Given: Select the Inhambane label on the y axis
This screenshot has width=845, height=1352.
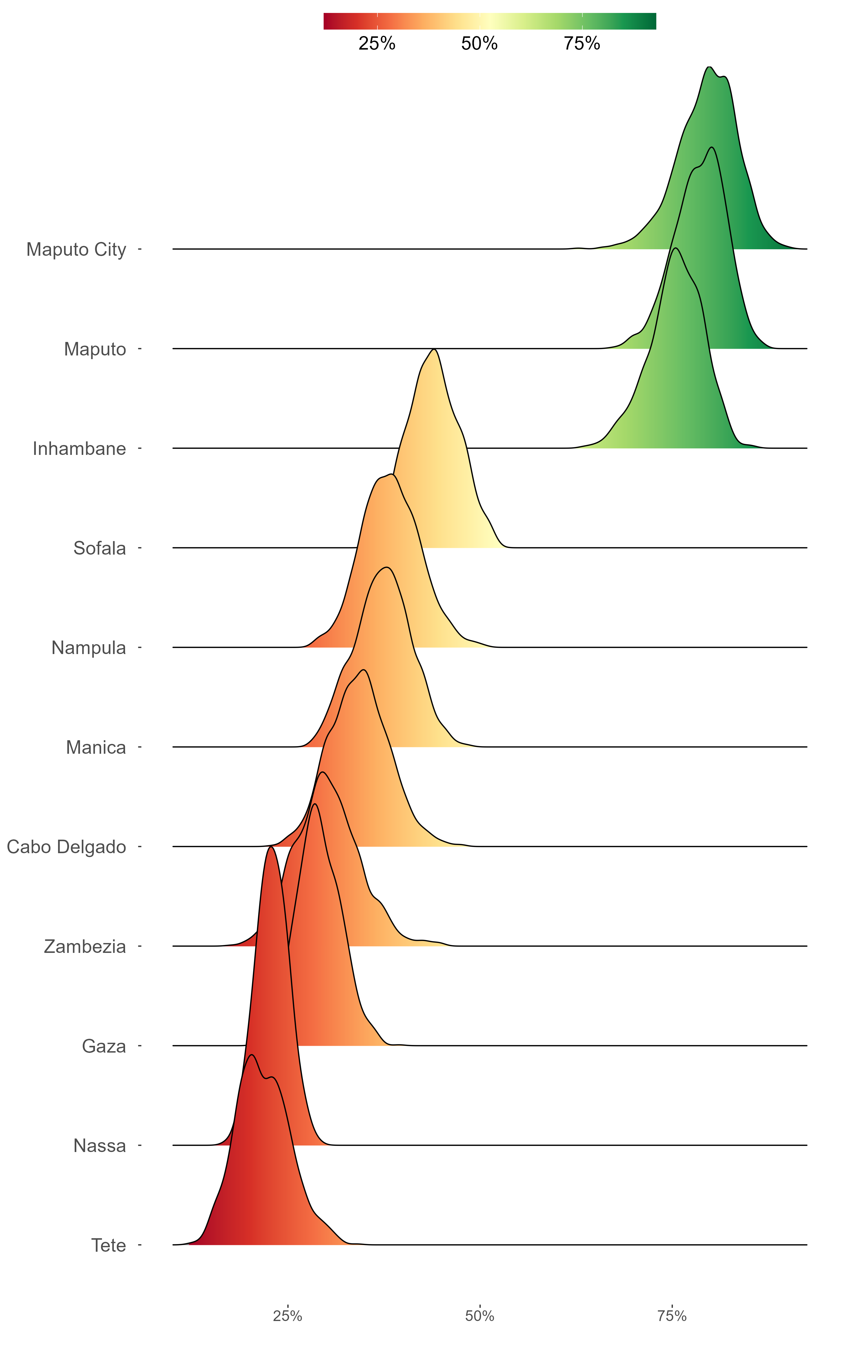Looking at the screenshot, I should coord(79,449).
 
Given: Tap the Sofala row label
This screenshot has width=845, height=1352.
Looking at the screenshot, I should coord(99,548).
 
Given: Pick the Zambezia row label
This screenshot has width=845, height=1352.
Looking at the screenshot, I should coord(85,946).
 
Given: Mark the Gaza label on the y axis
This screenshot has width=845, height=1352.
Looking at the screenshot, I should coord(104,1046).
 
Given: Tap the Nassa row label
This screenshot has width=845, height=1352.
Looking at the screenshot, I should coord(99,1146).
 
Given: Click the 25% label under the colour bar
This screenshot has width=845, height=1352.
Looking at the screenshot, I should coord(377,44).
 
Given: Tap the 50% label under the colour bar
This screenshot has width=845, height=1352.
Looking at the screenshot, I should coord(479,44).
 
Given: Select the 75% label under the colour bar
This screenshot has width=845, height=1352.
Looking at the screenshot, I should coord(582,44).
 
